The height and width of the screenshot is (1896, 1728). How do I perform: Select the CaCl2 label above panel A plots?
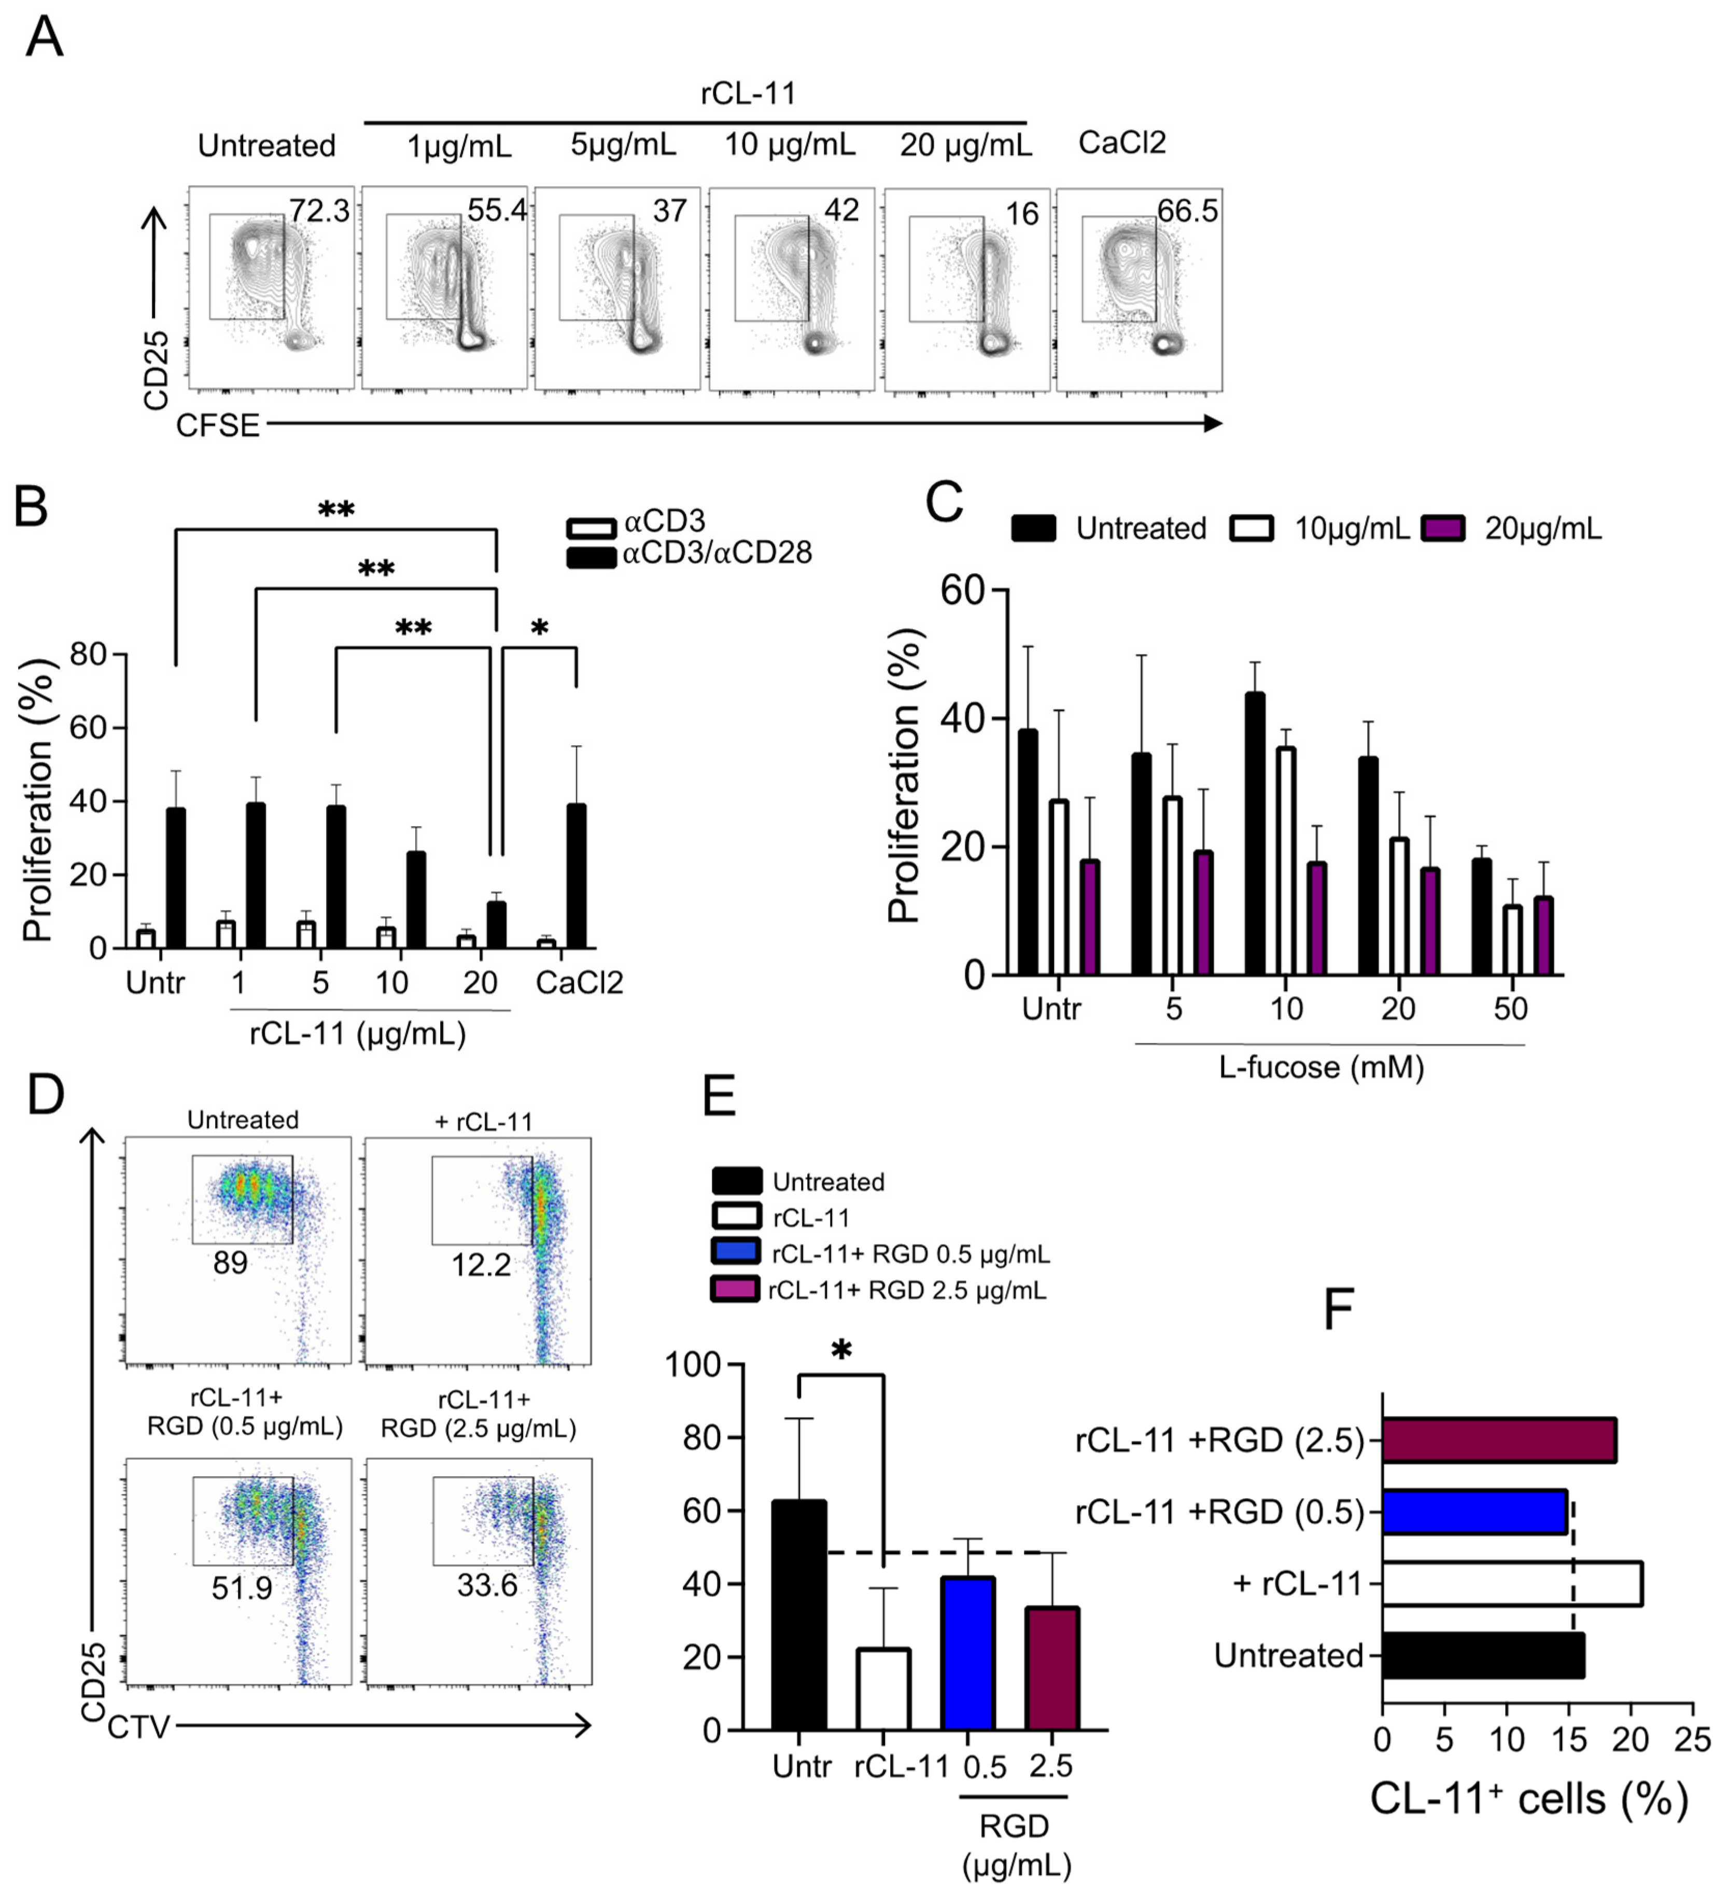tap(1121, 143)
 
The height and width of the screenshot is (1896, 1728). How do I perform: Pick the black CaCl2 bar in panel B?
tap(577, 876)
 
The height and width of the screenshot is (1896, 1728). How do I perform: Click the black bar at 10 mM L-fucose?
tap(1254, 834)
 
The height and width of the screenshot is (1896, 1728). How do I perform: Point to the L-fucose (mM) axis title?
tap(1321, 1068)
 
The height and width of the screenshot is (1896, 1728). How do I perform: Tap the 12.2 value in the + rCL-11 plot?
tap(481, 1265)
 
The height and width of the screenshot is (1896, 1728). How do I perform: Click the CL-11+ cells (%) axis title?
tap(1529, 1799)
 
